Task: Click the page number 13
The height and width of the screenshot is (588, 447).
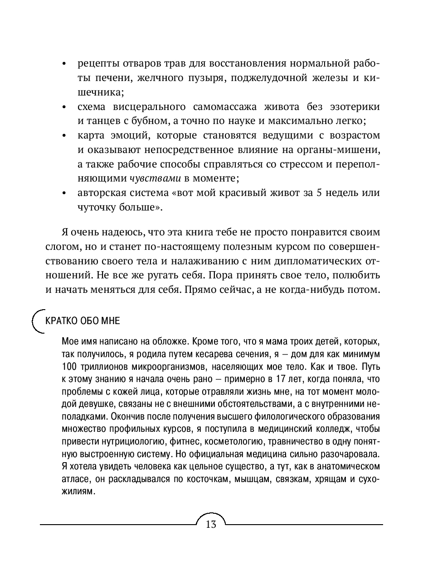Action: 211,525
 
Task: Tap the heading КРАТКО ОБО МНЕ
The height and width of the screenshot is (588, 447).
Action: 83,320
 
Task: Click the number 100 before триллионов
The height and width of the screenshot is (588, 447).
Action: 69,366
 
